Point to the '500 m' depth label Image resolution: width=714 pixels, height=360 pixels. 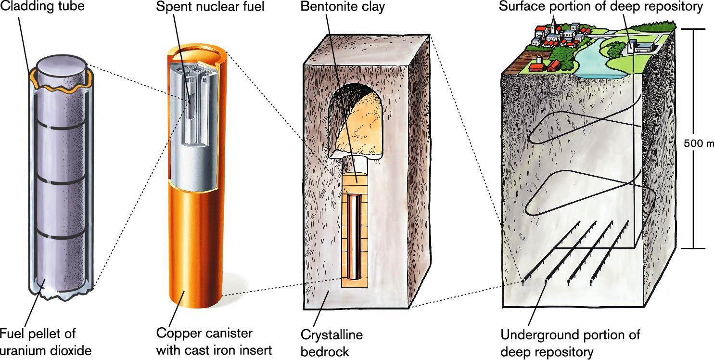tap(698, 143)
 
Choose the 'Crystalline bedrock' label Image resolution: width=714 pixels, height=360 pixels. tap(331, 343)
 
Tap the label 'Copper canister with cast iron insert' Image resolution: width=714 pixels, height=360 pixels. tap(214, 341)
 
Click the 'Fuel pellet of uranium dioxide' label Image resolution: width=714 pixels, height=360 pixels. tap(45, 341)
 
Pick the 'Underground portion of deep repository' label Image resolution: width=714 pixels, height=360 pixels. tap(570, 343)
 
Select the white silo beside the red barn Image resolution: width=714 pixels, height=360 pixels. tap(538, 61)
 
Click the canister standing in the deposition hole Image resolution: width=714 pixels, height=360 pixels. tap(355, 236)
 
